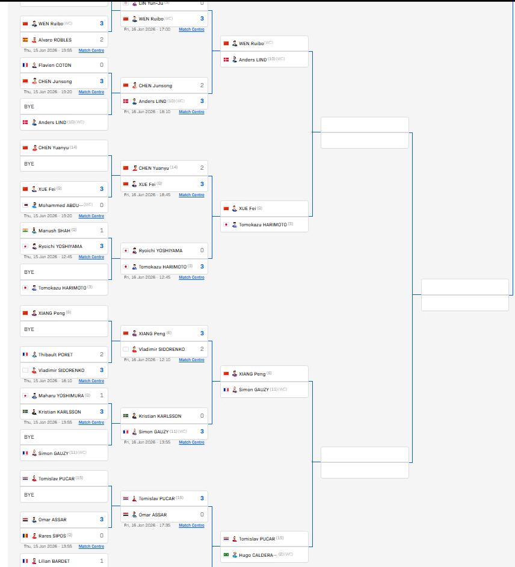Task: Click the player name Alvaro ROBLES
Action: [x=55, y=40]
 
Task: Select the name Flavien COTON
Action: [x=55, y=65]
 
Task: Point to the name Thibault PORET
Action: [x=55, y=355]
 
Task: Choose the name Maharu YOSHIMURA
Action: [x=61, y=395]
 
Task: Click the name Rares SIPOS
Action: [x=52, y=536]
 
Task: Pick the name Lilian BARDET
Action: [x=54, y=561]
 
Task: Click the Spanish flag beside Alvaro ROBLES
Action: [x=25, y=40]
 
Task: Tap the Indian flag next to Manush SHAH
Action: [x=25, y=231]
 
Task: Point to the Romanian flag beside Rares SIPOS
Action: [x=25, y=536]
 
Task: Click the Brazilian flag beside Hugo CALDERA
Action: [x=226, y=555]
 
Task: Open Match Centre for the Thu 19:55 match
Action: [x=91, y=51]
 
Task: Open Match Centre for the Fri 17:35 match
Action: [x=191, y=525]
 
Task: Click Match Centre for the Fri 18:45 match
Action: [x=191, y=195]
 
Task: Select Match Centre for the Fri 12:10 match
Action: [x=191, y=360]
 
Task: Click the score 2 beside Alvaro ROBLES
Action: [x=102, y=40]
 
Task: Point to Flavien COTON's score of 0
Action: [x=102, y=65]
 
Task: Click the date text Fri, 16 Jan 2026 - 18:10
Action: [x=147, y=112]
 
